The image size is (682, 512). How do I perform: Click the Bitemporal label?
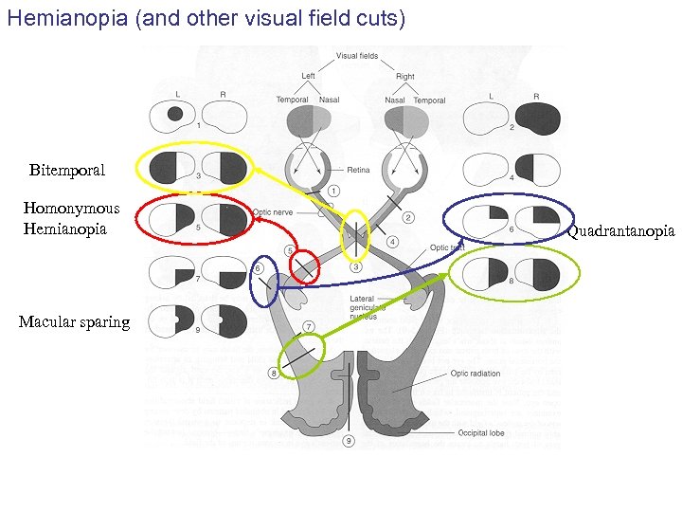(67, 171)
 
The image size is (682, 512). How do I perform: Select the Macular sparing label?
(74, 322)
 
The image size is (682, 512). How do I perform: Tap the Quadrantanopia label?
(621, 231)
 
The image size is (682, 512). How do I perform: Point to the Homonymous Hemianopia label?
(72, 219)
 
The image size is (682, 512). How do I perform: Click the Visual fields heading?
(357, 56)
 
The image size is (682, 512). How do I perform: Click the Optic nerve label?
(276, 213)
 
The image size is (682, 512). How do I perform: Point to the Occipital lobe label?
(482, 433)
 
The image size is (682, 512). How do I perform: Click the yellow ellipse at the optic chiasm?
(355, 234)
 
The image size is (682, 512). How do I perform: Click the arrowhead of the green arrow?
(448, 275)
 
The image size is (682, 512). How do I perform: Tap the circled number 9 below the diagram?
(350, 441)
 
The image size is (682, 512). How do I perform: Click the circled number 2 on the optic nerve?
(408, 217)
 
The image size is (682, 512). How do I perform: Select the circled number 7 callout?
(309, 327)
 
